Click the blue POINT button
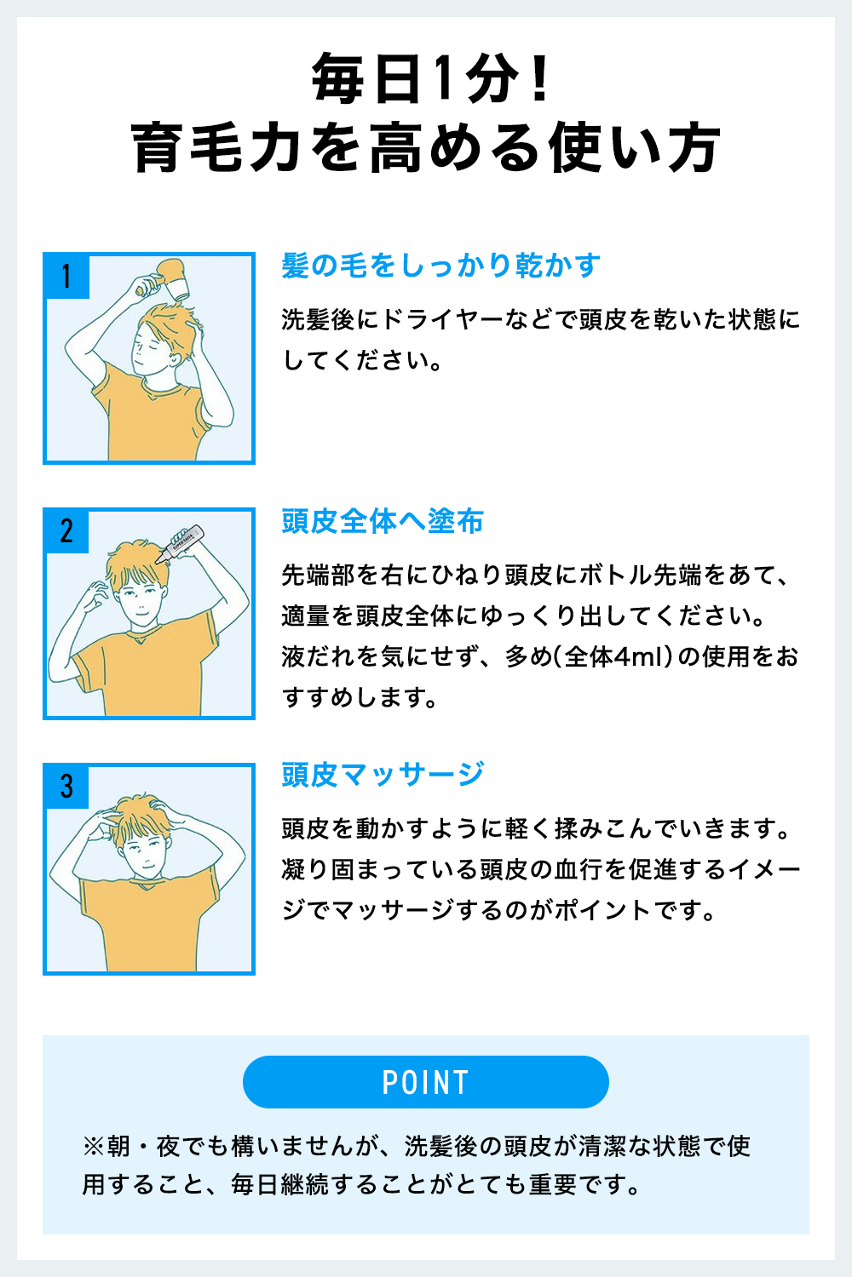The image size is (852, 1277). [426, 1082]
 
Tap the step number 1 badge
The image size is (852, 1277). [66, 276]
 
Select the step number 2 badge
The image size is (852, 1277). [66, 531]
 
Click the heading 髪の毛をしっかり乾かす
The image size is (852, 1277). [441, 266]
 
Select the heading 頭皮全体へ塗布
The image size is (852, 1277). [383, 521]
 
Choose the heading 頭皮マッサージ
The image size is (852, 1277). [383, 775]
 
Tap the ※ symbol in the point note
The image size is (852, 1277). [92, 1147]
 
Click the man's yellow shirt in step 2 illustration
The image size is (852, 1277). [145, 673]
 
